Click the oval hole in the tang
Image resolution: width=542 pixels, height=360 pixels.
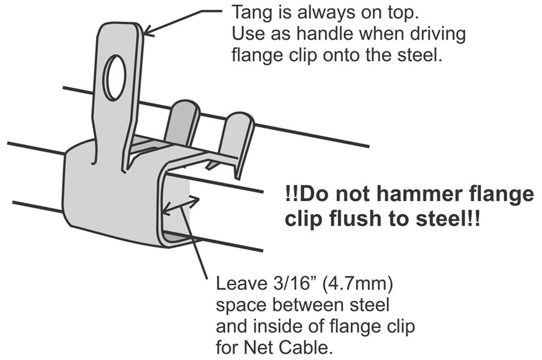[115, 78]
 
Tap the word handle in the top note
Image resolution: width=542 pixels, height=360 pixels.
[321, 34]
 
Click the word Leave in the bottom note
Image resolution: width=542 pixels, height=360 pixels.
[240, 284]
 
